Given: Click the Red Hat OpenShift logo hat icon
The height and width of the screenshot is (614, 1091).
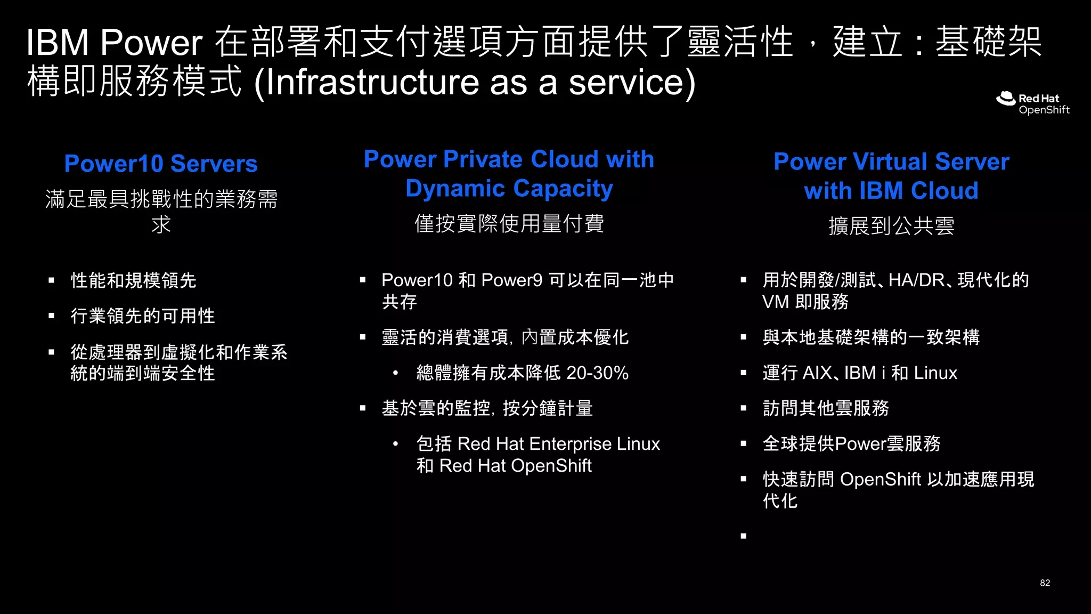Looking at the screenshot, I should click(1006, 99).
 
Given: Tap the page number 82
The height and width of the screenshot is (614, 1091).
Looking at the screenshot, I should click(1045, 583).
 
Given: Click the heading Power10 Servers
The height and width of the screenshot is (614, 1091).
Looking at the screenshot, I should click(161, 164).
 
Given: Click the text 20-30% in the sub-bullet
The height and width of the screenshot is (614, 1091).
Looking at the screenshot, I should click(597, 373).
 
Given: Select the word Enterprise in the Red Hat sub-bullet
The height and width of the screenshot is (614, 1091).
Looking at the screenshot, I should click(571, 444).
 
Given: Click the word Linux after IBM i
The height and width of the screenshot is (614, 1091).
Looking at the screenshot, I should click(935, 373).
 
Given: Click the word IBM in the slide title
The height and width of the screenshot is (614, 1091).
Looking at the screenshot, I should click(58, 43).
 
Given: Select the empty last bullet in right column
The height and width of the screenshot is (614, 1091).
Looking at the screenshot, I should click(744, 536).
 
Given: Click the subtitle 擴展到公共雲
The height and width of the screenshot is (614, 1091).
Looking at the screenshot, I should click(891, 226).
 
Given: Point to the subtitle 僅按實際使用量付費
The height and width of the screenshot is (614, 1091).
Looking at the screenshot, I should click(509, 224).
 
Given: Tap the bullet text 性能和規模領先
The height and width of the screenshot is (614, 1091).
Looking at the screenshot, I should click(134, 280).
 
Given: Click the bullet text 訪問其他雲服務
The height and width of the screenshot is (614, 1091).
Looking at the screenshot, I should click(826, 408).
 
